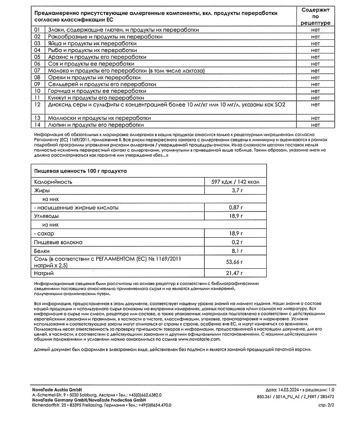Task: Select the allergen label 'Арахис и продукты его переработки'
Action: pos(97,57)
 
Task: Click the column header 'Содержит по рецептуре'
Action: pos(315,16)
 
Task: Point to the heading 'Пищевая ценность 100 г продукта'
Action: pos(80,171)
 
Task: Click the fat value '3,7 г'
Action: pos(236,190)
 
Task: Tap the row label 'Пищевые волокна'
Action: pos(58,242)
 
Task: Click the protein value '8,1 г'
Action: pos(236,251)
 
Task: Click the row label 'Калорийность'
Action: pos(53,182)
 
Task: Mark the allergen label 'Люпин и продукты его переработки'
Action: pos(96,124)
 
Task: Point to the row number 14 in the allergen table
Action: pos(37,124)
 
